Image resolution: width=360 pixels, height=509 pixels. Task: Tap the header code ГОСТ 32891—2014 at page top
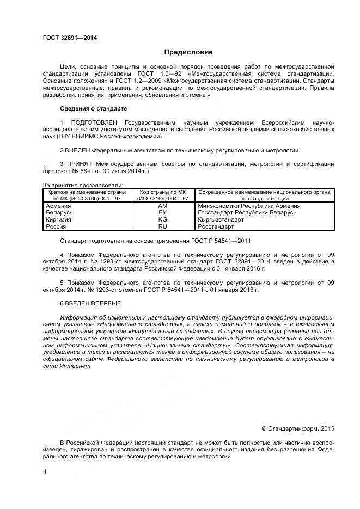[65, 38]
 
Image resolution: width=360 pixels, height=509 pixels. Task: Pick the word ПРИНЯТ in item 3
[80, 164]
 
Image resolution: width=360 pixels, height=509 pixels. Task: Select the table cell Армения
[58, 206]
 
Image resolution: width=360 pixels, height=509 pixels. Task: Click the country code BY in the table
[162, 212]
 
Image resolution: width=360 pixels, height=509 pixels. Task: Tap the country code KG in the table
[162, 219]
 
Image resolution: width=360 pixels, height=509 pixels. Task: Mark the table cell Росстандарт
[216, 226]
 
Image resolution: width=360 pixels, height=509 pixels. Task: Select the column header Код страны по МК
[162, 192]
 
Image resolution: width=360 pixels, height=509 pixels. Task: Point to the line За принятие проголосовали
[82, 186]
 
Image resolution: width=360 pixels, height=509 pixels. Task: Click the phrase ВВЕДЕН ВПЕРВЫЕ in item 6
[93, 303]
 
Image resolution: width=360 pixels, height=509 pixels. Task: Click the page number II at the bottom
[45, 471]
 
